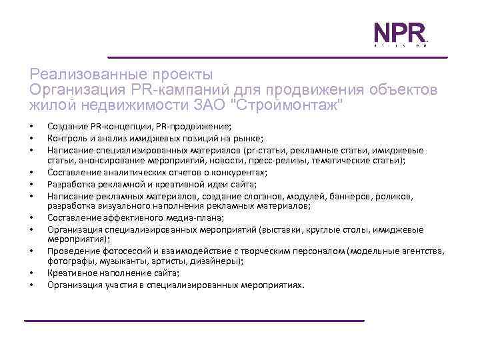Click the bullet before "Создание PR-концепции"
pos(31,127)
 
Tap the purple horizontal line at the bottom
pos(194,321)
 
